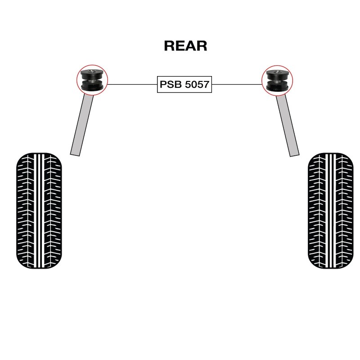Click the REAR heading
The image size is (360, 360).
[x=185, y=46]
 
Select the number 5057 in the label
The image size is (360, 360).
[x=196, y=84]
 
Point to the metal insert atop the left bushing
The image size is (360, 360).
[x=92, y=71]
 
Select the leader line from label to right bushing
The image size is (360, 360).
[x=236, y=84]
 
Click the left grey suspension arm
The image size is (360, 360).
[x=82, y=124]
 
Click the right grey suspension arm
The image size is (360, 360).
[x=288, y=124]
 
